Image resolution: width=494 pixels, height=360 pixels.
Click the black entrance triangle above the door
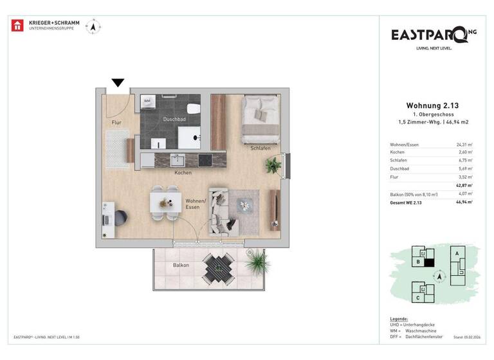(118, 82)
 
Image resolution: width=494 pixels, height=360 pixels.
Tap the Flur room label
(116, 122)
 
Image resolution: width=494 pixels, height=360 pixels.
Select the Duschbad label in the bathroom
(174, 120)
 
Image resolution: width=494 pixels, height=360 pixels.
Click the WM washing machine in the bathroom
(147, 101)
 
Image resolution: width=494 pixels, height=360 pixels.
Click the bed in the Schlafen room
(260, 120)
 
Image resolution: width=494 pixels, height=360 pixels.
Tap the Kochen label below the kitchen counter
(183, 173)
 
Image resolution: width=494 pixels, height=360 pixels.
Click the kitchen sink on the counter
(177, 159)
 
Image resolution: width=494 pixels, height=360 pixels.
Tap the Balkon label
(181, 265)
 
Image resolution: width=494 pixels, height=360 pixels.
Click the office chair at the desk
(121, 218)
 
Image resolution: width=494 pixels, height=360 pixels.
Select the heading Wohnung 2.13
(432, 105)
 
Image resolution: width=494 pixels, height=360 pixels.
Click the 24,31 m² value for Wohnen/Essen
(463, 144)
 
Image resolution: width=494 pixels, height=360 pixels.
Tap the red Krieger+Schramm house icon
(18, 26)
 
